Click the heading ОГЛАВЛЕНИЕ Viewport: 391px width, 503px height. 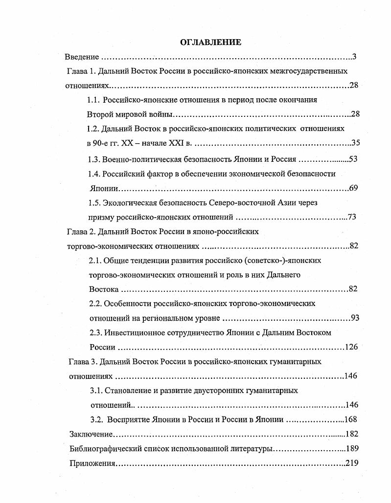210,42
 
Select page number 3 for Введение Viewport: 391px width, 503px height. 354,57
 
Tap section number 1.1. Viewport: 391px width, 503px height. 94,100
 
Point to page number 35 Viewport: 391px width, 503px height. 356,143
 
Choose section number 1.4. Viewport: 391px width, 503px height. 94,174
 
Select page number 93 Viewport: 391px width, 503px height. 355,318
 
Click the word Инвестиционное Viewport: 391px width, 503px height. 132,332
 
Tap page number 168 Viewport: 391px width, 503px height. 350,419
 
